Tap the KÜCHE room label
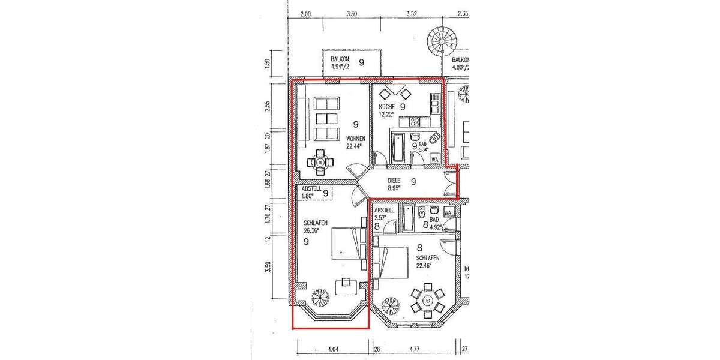point(386,106)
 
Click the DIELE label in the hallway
point(394,180)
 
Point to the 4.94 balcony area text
point(341,67)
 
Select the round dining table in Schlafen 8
point(427,300)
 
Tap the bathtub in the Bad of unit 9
point(398,148)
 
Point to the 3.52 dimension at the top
point(411,13)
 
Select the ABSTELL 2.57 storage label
point(384,214)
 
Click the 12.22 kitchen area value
point(386,113)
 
